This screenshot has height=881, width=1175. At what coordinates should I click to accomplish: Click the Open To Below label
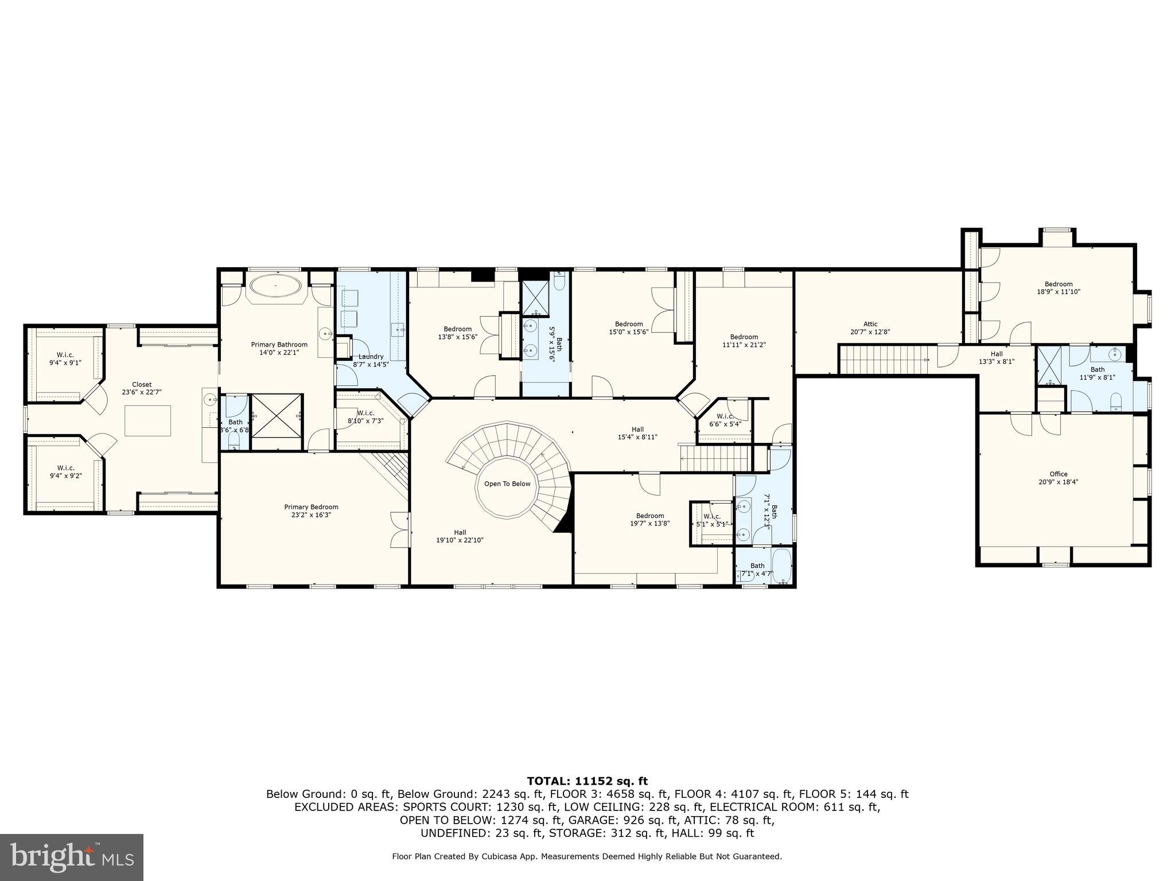click(507, 484)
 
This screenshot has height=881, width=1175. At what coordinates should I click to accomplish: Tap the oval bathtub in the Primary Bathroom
click(275, 285)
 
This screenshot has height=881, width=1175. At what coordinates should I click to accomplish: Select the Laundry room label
click(371, 360)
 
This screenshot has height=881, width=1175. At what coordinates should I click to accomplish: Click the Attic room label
click(870, 328)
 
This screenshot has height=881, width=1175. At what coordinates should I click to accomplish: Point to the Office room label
click(1058, 478)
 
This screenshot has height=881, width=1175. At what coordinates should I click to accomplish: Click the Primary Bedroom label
click(311, 511)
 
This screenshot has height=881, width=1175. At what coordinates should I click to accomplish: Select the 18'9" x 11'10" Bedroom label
click(1058, 287)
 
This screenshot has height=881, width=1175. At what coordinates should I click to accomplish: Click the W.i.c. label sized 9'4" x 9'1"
click(65, 358)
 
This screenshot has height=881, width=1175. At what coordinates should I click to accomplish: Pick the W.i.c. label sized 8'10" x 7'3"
click(365, 417)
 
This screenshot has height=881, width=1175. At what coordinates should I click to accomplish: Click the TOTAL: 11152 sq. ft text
click(587, 781)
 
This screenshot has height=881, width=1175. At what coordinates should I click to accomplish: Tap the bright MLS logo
click(72, 857)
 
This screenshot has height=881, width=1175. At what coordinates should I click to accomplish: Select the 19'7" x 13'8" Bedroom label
click(649, 519)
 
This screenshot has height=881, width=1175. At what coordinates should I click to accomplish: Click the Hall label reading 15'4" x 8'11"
click(637, 433)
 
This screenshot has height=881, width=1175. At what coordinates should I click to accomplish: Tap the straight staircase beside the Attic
click(884, 359)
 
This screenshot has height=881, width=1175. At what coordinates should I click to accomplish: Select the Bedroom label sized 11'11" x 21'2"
click(744, 341)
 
